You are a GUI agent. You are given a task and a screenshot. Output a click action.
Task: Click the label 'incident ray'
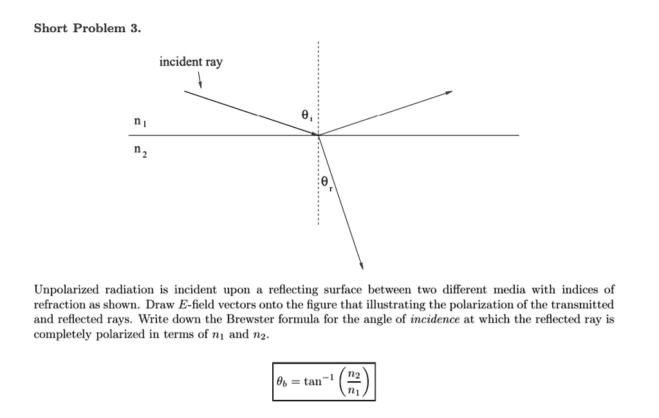[x=190, y=62]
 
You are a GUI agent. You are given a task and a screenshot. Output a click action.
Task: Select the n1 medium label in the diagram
[x=139, y=122]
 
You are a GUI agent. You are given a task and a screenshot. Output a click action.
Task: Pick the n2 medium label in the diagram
[x=140, y=151]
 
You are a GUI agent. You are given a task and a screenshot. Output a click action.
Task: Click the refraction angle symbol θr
[x=326, y=184]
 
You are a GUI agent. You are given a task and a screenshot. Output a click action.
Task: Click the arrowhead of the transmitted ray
[x=361, y=265]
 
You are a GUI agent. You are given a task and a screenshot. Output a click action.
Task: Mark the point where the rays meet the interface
[x=318, y=135]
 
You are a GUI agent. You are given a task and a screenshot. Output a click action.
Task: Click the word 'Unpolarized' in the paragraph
[x=64, y=290]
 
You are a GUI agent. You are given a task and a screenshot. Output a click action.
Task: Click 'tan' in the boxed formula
[x=313, y=381]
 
